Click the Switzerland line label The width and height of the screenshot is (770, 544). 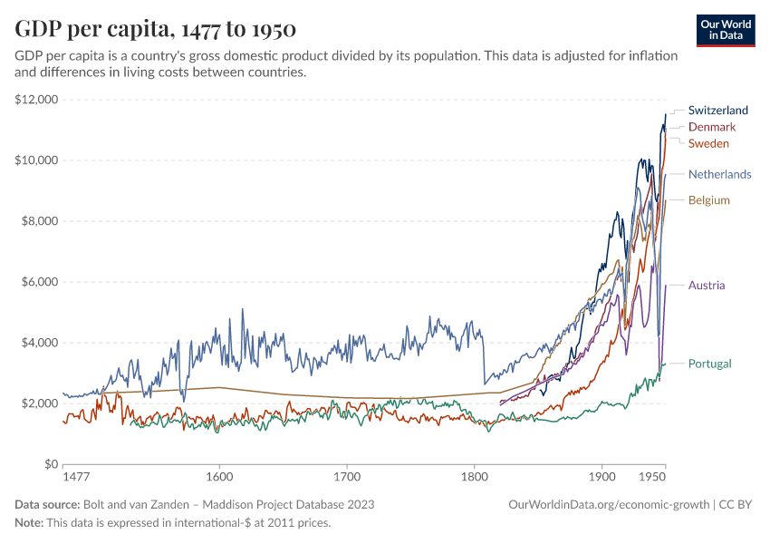718,111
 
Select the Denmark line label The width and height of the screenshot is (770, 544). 712,127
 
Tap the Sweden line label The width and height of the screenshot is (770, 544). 708,143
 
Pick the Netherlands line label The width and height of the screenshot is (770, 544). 719,174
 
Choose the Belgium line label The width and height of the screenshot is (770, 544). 708,199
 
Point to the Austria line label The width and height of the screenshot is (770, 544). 707,286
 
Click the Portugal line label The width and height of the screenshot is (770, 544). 709,364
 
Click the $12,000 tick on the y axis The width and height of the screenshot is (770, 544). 37,100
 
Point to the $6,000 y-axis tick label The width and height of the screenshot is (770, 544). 40,282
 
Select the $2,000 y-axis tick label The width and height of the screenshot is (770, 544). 40,403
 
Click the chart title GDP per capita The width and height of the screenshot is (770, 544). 155,29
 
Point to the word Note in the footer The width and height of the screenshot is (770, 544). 29,523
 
